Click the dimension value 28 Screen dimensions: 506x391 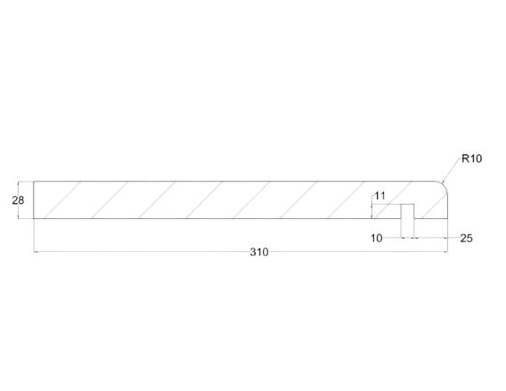click(18, 200)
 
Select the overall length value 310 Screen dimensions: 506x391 click(259, 252)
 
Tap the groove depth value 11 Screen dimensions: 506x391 click(380, 196)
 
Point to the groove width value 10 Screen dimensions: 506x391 click(376, 238)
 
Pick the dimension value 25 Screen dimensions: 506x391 click(466, 238)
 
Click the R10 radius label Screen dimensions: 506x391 click(472, 159)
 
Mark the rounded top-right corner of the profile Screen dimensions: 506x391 click(445, 185)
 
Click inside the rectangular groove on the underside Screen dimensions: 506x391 click(407, 211)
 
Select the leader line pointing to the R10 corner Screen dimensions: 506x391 click(453, 170)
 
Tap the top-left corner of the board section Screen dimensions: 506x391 click(34, 182)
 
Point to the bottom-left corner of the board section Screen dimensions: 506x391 click(34, 219)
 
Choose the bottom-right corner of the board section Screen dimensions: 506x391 click(447, 219)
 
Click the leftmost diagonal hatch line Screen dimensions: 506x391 click(62, 200)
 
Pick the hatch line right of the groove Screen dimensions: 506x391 click(435, 207)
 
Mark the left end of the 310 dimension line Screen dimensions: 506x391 click(34, 252)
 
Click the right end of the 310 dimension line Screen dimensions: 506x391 click(447, 252)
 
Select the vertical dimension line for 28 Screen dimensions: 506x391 click(19, 200)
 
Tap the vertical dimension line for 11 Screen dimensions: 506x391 click(372, 211)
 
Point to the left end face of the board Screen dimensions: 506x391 click(34, 200)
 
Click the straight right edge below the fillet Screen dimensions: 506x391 click(447, 207)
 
